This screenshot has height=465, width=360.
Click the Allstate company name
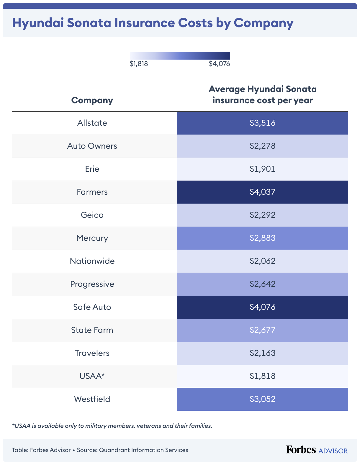tap(92, 123)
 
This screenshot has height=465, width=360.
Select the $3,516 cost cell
tap(262, 123)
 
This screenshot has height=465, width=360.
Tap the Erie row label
tap(92, 169)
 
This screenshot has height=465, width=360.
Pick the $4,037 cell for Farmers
tap(262, 192)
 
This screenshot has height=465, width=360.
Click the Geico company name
tap(92, 215)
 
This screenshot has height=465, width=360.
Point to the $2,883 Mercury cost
tap(262, 238)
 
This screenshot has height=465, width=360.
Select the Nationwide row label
tap(92, 261)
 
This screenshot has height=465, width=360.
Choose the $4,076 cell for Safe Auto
tap(262, 307)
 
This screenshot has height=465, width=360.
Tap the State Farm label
tap(92, 330)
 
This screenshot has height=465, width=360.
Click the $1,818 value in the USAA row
tap(262, 376)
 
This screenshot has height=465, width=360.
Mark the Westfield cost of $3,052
tap(262, 399)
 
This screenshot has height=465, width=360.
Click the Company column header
tap(92, 100)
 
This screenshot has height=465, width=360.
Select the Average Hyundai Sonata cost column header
tap(262, 95)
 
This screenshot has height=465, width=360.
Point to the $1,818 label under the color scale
tap(139, 64)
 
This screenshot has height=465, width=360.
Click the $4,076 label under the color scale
tap(219, 64)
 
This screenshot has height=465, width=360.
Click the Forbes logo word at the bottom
tap(301, 450)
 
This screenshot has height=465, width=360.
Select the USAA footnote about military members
tap(112, 426)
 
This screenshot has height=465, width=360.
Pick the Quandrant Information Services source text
tap(143, 450)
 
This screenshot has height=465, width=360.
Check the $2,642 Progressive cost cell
tap(262, 284)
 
